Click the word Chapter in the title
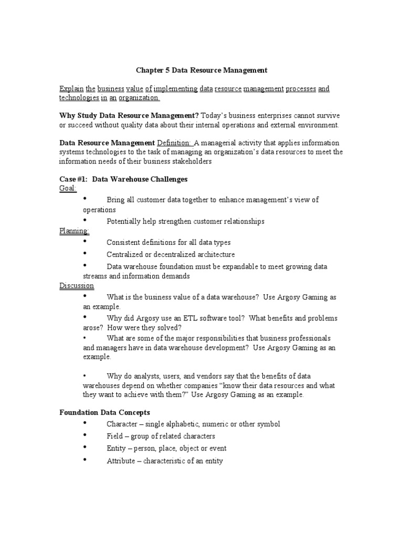(150, 70)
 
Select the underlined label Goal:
(68, 189)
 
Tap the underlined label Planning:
(74, 231)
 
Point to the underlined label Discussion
(77, 286)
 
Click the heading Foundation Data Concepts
(104, 413)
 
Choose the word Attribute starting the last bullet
(121, 461)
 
